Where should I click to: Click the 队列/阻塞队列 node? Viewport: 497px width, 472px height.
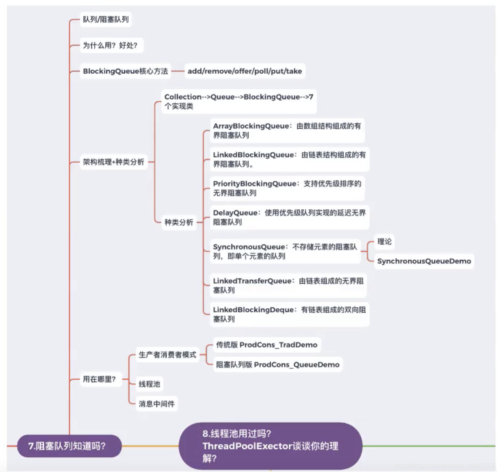pyautogui.click(x=106, y=19)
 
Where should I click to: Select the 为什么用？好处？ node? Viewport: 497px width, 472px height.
pyautogui.click(x=110, y=45)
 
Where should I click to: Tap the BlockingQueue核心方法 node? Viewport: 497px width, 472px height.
pyautogui.click(x=125, y=71)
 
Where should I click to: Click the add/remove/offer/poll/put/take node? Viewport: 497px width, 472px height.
pyautogui.click(x=244, y=71)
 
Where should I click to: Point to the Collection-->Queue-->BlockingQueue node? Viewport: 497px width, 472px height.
pyautogui.click(x=239, y=101)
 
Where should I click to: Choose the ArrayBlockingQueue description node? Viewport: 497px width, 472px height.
pyautogui.click(x=287, y=131)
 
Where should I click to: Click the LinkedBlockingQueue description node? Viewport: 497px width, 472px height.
pyautogui.click(x=289, y=159)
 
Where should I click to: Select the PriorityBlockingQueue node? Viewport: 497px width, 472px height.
pyautogui.click(x=287, y=188)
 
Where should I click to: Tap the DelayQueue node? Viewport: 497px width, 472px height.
pyautogui.click(x=289, y=217)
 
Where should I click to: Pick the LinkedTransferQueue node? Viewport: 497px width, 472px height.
pyautogui.click(x=288, y=285)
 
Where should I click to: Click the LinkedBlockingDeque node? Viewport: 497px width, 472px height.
pyautogui.click(x=289, y=314)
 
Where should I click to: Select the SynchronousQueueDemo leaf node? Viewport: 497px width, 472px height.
pyautogui.click(x=424, y=261)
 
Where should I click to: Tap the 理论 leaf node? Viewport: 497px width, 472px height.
pyautogui.click(x=384, y=241)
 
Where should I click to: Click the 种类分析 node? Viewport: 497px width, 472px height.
pyautogui.click(x=179, y=222)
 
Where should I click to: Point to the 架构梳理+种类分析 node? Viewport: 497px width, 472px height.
pyautogui.click(x=114, y=162)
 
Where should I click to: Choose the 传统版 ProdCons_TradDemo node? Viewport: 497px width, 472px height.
pyautogui.click(x=266, y=345)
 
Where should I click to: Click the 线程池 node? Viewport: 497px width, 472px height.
pyautogui.click(x=149, y=384)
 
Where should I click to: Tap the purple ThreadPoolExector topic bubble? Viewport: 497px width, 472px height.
pyautogui.click(x=270, y=446)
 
